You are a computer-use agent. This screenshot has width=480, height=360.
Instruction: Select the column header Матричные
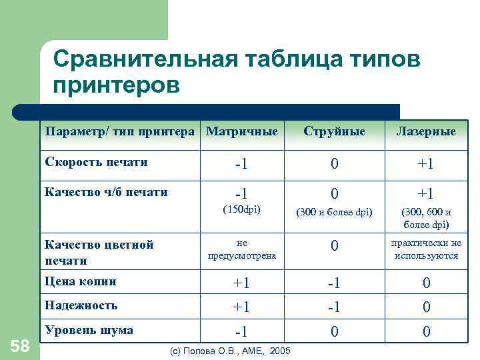pos(242,131)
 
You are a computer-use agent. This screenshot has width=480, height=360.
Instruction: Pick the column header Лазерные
pos(426,131)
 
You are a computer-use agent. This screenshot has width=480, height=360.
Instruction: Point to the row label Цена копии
pos(80,281)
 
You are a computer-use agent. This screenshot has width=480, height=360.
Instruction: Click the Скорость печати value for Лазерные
pos(426,163)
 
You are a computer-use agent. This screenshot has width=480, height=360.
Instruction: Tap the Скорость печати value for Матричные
pos(241,163)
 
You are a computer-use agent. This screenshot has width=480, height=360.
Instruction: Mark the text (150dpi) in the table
pos(241,210)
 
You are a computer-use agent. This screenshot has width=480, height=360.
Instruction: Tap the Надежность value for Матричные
pos(241,307)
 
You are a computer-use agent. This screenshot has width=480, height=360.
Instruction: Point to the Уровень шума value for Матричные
pos(241,331)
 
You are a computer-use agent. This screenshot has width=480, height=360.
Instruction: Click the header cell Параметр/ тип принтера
pos(121,131)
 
